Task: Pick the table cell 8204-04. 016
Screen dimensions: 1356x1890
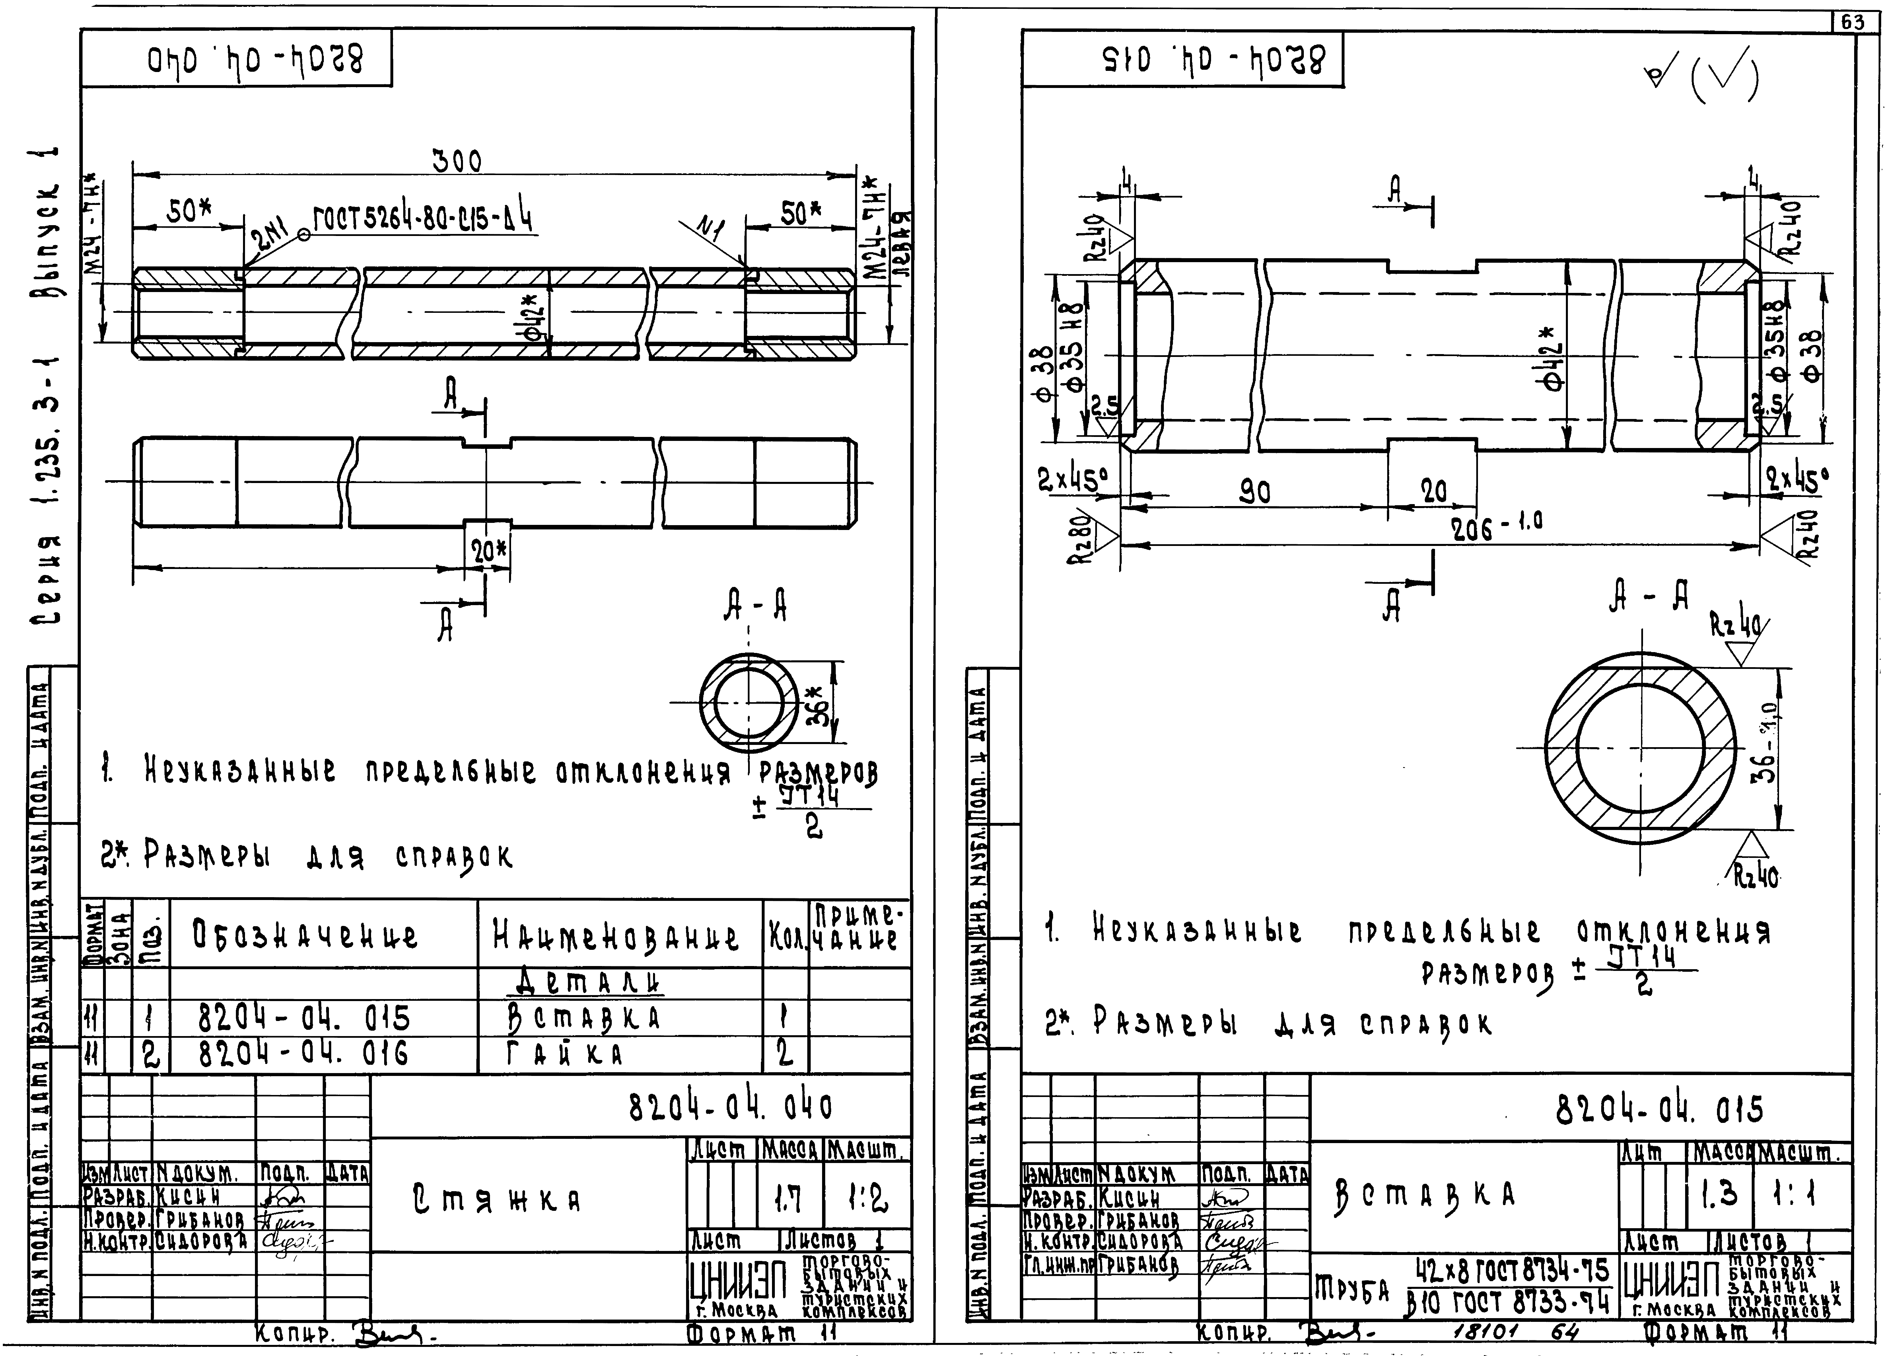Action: (x=303, y=1055)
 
